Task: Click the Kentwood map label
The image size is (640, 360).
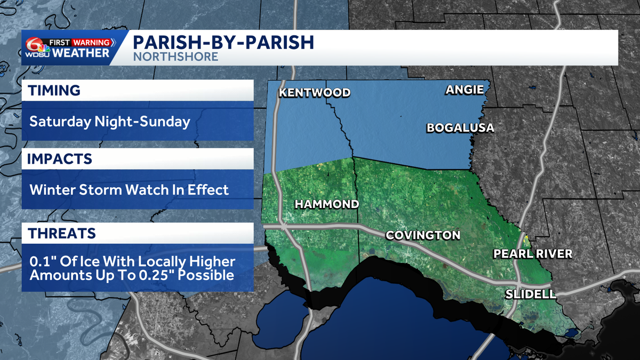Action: (315, 93)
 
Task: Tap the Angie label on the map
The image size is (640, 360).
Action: (465, 90)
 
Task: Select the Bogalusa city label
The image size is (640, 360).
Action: (460, 128)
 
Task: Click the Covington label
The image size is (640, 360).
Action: (422, 235)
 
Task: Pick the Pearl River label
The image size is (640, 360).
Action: (532, 254)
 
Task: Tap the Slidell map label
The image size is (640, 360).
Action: (531, 294)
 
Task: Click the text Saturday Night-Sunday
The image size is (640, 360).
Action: (109, 122)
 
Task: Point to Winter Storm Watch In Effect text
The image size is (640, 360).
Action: (129, 189)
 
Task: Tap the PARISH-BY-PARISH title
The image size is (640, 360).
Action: (223, 42)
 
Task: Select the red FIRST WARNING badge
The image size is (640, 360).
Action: (80, 42)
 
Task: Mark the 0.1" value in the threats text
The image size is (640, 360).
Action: (39, 262)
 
